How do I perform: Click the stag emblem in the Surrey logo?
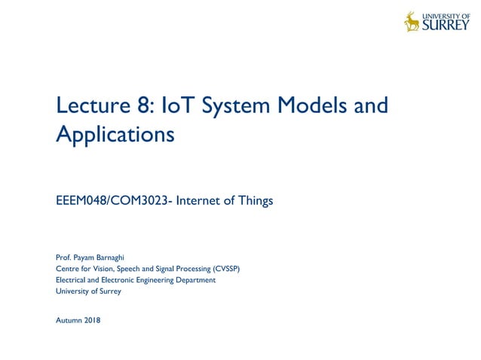click(x=412, y=21)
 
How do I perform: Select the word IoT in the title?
click(x=180, y=105)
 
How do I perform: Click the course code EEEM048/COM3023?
click(x=114, y=201)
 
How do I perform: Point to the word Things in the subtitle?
click(x=253, y=201)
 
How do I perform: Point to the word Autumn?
click(x=70, y=320)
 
